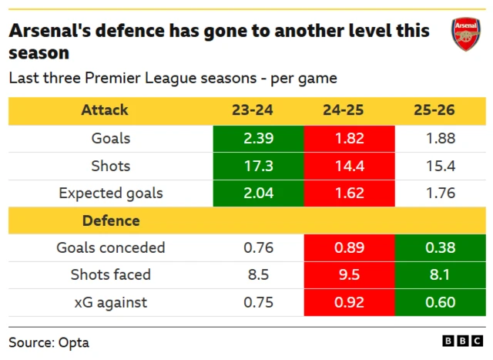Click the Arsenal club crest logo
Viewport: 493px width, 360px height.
pos(466,35)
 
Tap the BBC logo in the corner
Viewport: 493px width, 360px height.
pos(460,340)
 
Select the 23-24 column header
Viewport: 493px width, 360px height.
pos(252,110)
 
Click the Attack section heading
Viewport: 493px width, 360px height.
pos(105,110)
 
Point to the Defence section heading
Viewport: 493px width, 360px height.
pos(111,220)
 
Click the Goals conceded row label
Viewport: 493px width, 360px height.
pos(111,248)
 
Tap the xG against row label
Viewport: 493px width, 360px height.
pos(111,303)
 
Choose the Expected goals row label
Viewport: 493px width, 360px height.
pos(111,193)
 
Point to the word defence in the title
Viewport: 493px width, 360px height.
pos(129,32)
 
